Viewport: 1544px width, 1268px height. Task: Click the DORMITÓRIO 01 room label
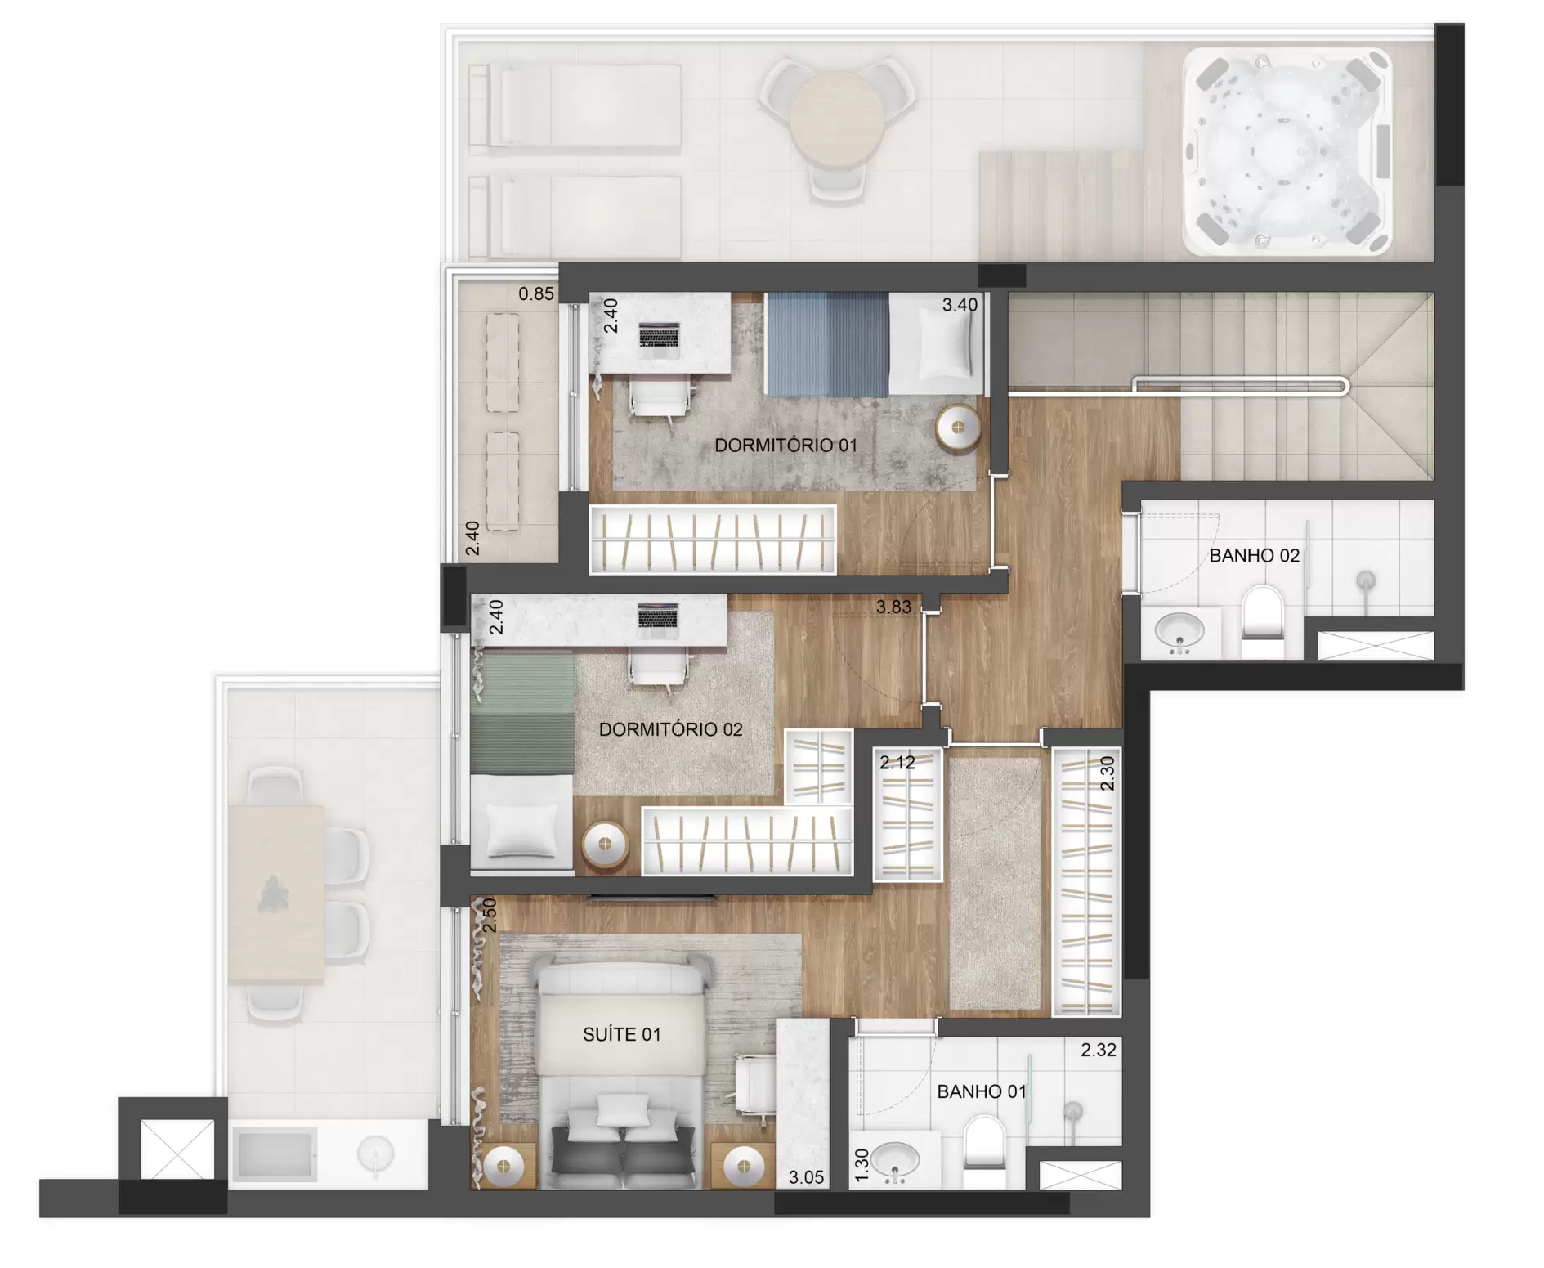point(785,446)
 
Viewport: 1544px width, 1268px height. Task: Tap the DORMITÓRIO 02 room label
point(670,729)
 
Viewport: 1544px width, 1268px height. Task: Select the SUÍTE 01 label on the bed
point(621,1035)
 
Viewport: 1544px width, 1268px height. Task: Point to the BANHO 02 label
point(1254,556)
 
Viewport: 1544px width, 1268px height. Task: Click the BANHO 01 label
point(982,1091)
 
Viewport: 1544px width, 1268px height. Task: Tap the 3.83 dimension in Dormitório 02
point(893,607)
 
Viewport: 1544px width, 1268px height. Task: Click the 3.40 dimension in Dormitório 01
point(960,305)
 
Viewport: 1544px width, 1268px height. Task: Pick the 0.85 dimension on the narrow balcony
point(536,293)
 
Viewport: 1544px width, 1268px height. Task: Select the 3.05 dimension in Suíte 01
point(806,1178)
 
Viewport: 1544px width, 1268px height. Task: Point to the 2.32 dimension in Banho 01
point(1098,1050)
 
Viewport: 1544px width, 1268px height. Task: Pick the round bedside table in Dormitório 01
point(958,427)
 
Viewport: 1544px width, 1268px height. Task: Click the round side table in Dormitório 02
point(605,845)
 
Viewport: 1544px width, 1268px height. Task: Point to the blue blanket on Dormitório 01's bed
point(826,343)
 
